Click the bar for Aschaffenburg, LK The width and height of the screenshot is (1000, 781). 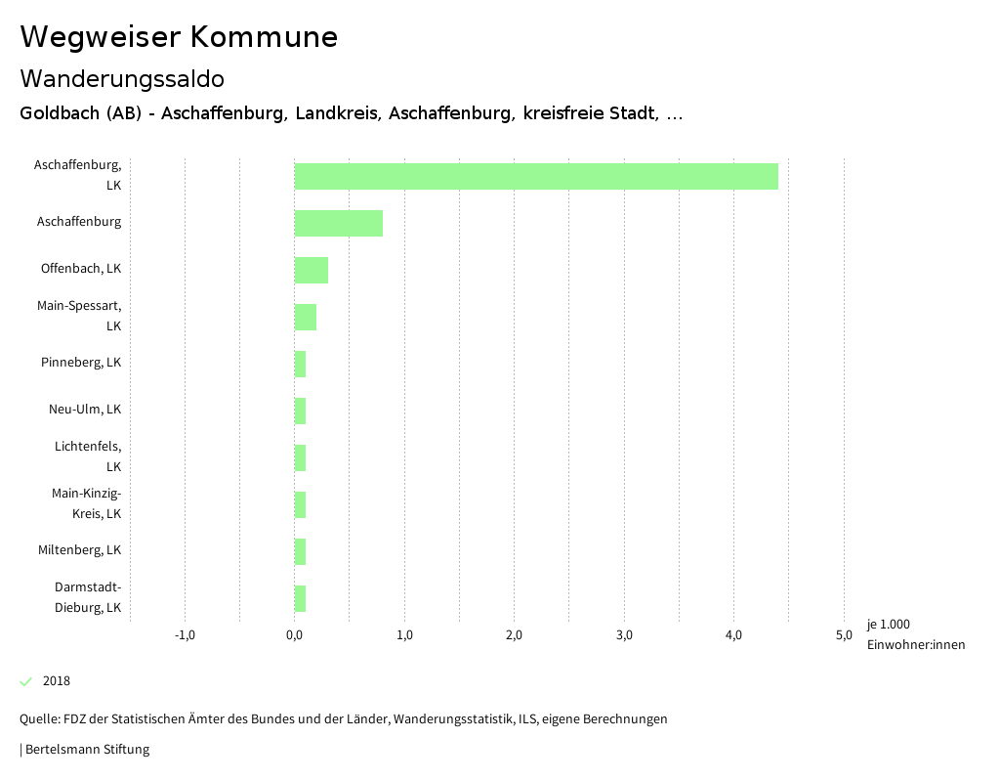pyautogui.click(x=536, y=176)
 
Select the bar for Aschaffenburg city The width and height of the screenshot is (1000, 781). pyautogui.click(x=338, y=223)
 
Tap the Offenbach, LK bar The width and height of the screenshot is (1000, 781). pyautogui.click(x=311, y=270)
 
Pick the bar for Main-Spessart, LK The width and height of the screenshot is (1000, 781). pyautogui.click(x=305, y=317)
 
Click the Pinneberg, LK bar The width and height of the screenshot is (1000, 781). pyautogui.click(x=300, y=364)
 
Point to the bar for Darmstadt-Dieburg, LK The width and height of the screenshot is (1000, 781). pyautogui.click(x=300, y=598)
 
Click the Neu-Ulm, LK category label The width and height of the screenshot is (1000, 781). pyautogui.click(x=85, y=410)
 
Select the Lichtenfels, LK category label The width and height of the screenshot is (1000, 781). pyautogui.click(x=88, y=456)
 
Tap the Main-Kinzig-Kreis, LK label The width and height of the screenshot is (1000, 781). pyautogui.click(x=86, y=503)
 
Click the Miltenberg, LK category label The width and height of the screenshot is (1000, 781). pyautogui.click(x=79, y=550)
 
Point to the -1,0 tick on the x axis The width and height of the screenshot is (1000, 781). pyautogui.click(x=185, y=635)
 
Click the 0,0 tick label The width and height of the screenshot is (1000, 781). pyautogui.click(x=294, y=635)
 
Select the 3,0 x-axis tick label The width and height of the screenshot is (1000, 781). pyautogui.click(x=624, y=635)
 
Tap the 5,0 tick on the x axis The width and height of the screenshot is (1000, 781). pyautogui.click(x=844, y=635)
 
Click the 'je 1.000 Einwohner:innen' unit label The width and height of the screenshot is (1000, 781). pyautogui.click(x=915, y=634)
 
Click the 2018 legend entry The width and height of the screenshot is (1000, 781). pyautogui.click(x=56, y=681)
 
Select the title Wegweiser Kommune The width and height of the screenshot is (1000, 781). pyautogui.click(x=179, y=37)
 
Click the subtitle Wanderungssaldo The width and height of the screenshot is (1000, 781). pyautogui.click(x=122, y=78)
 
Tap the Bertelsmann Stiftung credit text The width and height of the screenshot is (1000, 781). pyautogui.click(x=86, y=750)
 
